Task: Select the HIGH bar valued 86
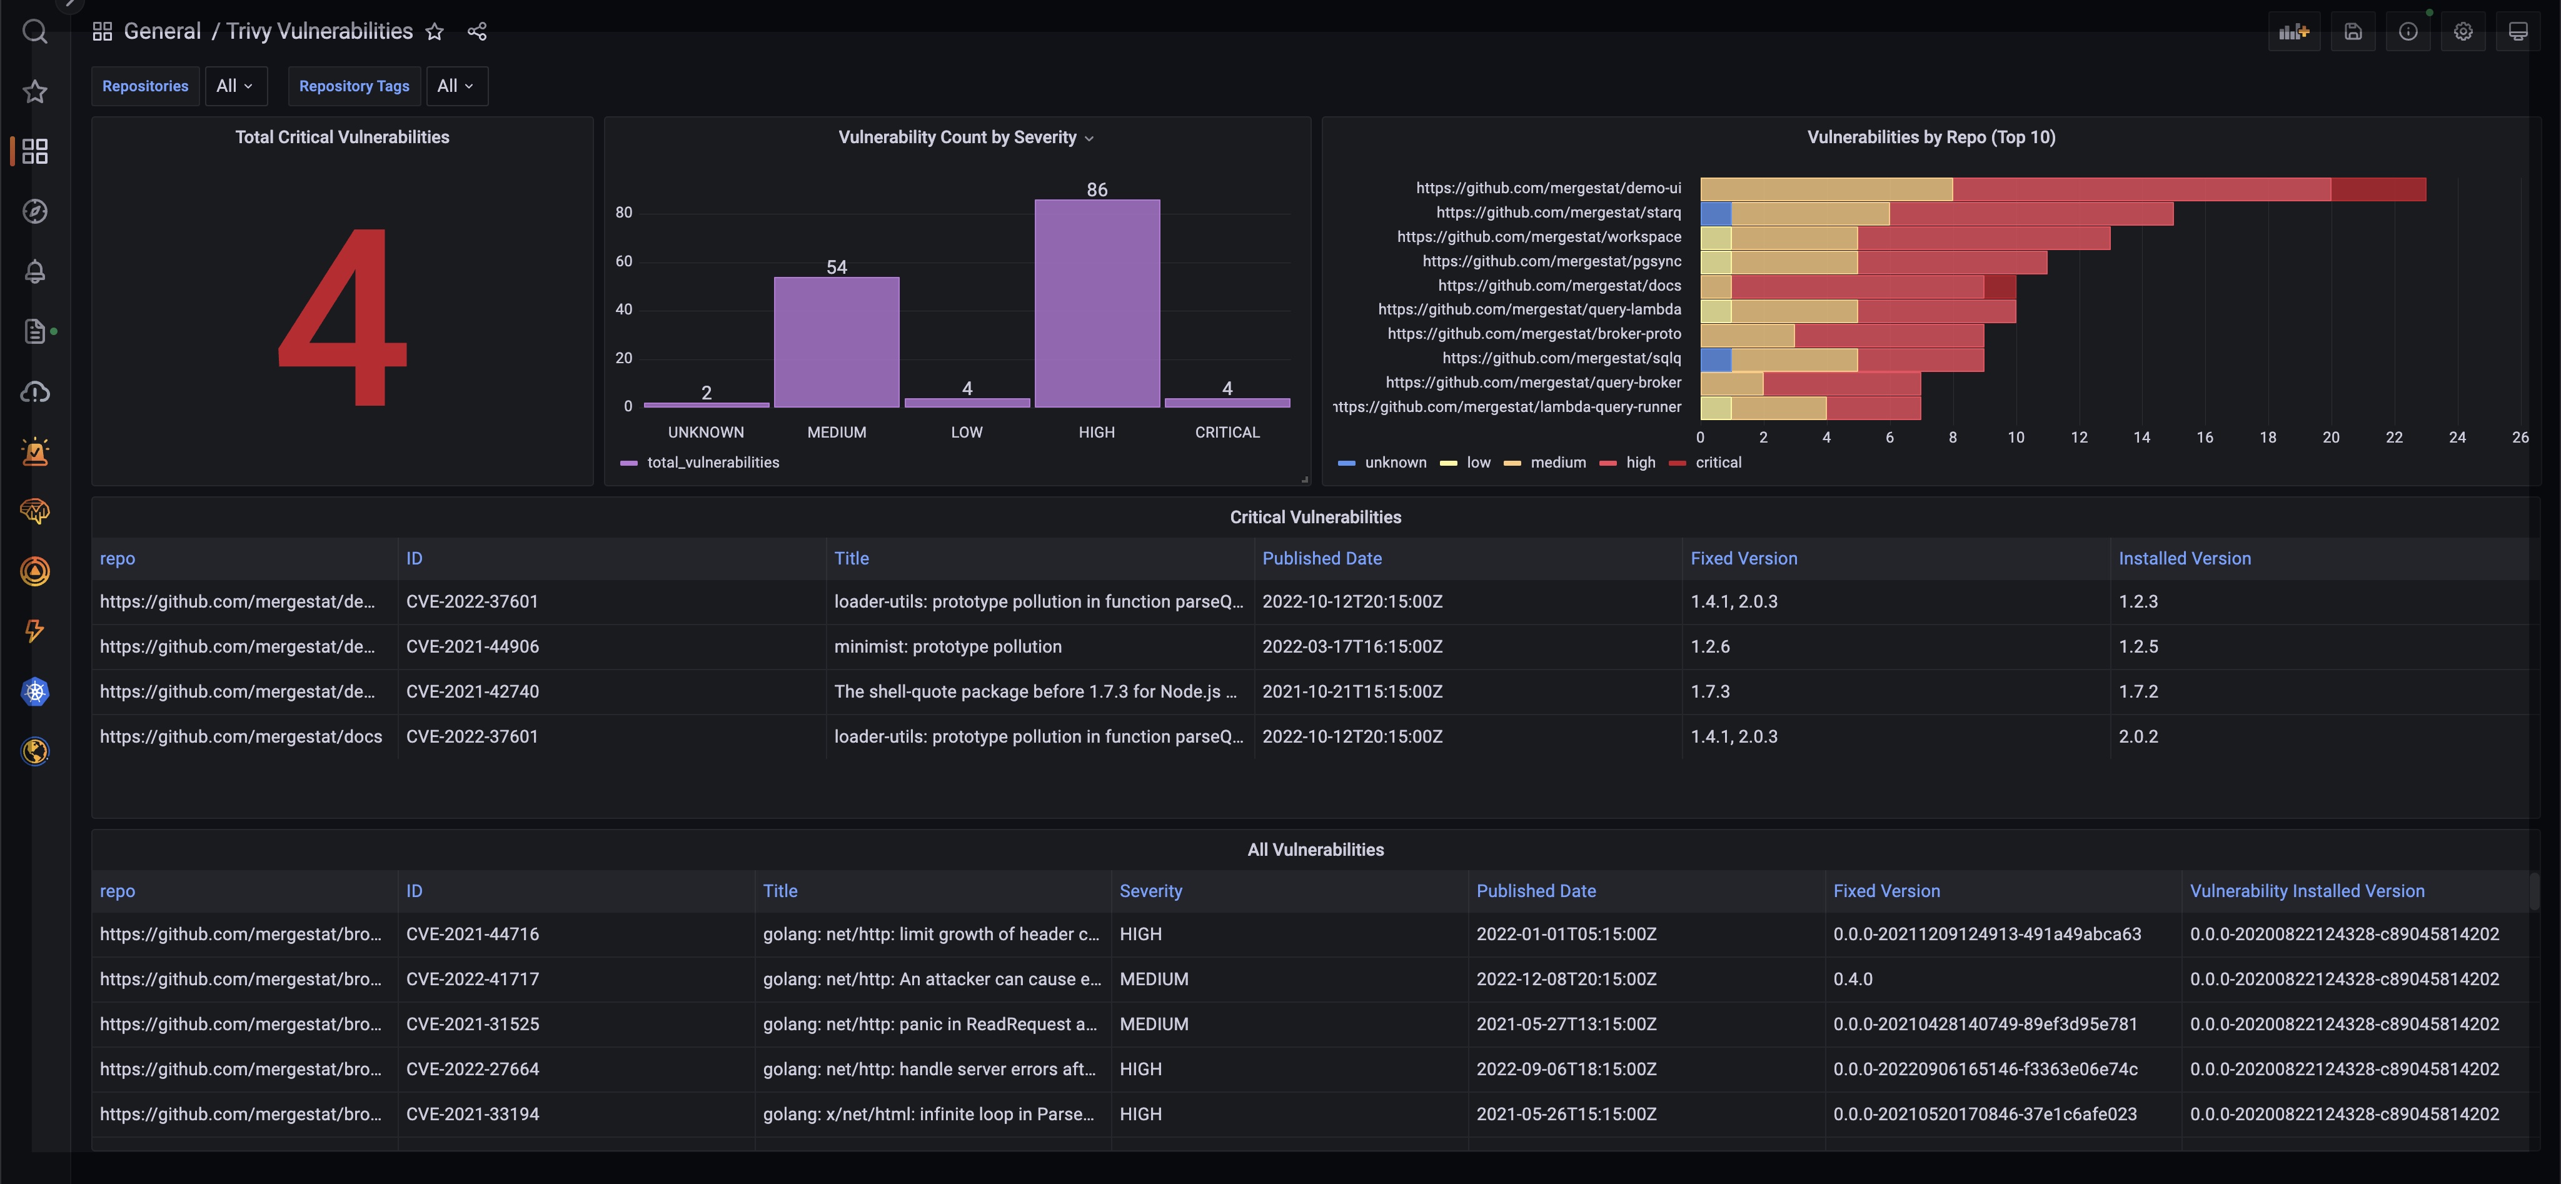pos(1097,303)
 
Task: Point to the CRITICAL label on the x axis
pos(1227,433)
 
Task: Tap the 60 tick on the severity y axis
pos(623,261)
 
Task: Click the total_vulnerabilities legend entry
pos(712,462)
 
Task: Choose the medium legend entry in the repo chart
pos(1557,462)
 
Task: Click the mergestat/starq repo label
pos(1558,213)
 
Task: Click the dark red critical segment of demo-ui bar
pos(2377,189)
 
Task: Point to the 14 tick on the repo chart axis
pos(2141,438)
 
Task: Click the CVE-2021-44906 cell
pos(472,646)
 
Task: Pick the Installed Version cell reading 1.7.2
pos(2138,691)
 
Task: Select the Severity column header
pos(1150,891)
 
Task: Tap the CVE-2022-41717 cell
pos(472,979)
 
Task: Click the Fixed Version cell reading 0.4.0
pos(1852,979)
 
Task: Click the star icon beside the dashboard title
pos(435,32)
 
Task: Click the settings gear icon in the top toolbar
pos(2463,32)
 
